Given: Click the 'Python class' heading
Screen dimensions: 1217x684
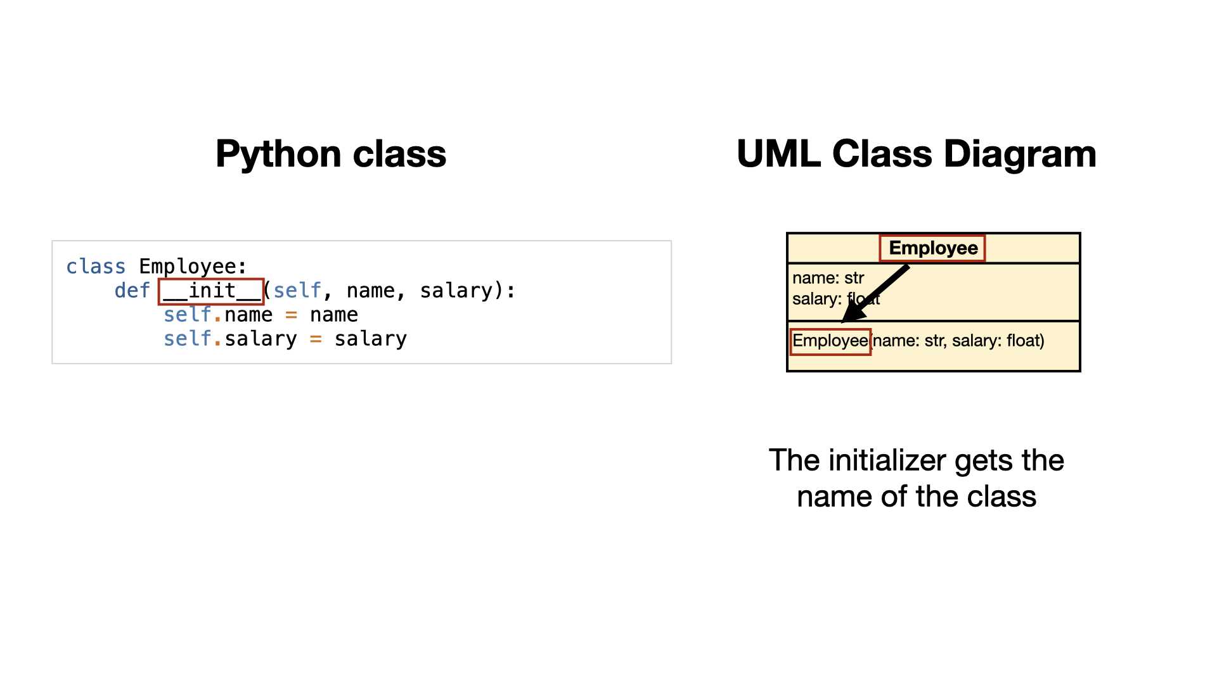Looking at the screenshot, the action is pos(331,154).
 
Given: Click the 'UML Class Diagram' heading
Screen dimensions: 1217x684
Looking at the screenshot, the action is pos(917,154).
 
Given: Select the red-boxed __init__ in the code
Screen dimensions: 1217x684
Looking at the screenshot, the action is pos(211,291).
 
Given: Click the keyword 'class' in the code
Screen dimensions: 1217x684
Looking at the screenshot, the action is pos(96,267).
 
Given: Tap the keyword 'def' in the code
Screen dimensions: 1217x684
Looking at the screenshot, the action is pos(132,291).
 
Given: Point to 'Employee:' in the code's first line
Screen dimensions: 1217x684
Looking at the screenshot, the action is pos(193,267).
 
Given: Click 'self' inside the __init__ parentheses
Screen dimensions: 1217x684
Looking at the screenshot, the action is pos(297,291).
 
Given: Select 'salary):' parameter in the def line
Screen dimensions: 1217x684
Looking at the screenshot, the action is pos(468,291).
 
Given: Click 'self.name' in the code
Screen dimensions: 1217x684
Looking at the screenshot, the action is pos(218,315).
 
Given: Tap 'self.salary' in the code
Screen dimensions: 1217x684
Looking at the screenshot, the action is pos(230,339).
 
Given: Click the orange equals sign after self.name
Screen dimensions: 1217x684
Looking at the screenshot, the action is pos(291,315).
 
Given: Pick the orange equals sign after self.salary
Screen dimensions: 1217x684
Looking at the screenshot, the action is pos(316,339).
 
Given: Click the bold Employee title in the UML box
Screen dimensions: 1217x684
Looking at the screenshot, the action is pos(933,248).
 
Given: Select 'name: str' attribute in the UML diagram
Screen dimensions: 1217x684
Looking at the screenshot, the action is pos(828,278).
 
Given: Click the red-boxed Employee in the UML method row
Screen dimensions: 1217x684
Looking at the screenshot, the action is pos(830,341).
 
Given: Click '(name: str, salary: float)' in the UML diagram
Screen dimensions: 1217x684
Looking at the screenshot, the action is pos(958,341).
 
